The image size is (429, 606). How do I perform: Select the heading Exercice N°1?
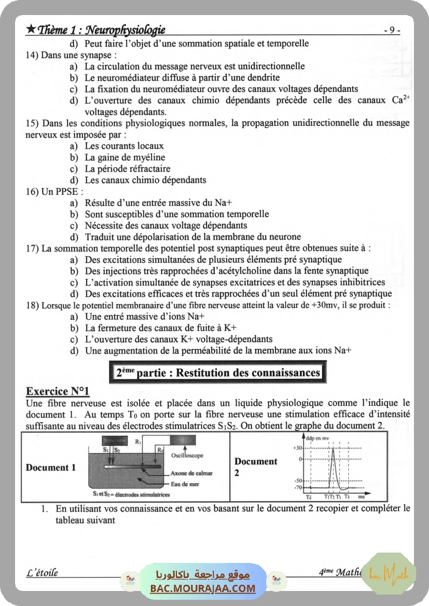(58, 391)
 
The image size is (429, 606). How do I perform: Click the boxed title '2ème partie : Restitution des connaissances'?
(218, 373)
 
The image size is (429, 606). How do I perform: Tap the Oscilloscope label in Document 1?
(187, 456)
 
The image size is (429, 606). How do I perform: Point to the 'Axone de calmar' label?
(191, 473)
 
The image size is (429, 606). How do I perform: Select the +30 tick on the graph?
(297, 448)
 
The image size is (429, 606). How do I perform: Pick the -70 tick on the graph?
(298, 488)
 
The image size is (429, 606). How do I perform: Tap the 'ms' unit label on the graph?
(361, 497)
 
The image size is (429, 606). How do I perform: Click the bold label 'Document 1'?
(51, 468)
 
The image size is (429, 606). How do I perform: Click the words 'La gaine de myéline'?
(124, 157)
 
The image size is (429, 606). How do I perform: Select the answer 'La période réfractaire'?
(128, 168)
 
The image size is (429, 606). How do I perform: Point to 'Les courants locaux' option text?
(124, 146)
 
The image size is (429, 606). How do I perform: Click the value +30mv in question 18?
(325, 305)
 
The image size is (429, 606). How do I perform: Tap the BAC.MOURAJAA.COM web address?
(203, 588)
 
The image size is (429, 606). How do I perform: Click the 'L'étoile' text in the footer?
(42, 573)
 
